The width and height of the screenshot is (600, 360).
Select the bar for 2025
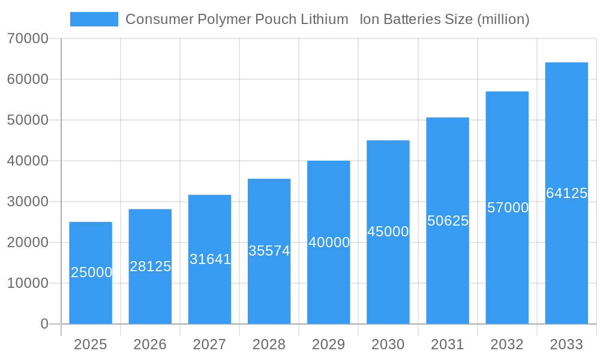click(x=91, y=273)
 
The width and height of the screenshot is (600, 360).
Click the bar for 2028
click(x=269, y=251)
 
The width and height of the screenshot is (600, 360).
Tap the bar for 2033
click(x=566, y=193)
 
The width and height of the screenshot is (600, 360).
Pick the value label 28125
click(x=151, y=266)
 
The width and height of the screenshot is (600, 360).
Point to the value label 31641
click(x=210, y=259)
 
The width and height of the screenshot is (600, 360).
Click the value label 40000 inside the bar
click(x=329, y=242)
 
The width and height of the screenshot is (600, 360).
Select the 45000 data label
click(x=388, y=232)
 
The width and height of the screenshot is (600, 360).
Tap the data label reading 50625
click(x=448, y=221)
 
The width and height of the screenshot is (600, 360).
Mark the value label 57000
click(x=508, y=208)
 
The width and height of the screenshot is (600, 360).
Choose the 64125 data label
click(x=566, y=193)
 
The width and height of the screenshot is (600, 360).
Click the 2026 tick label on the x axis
click(x=150, y=344)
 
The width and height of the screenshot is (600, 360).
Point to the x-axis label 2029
click(x=329, y=344)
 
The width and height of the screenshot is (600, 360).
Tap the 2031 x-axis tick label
click(x=448, y=344)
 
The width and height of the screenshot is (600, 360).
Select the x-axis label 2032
click(x=507, y=344)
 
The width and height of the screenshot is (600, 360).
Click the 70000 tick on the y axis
click(x=28, y=39)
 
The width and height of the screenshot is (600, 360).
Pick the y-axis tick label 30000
click(x=28, y=202)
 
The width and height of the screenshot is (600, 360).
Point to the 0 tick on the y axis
click(x=44, y=324)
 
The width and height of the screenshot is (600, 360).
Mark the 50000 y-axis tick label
click(x=28, y=120)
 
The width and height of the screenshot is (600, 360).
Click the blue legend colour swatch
click(x=94, y=19)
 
